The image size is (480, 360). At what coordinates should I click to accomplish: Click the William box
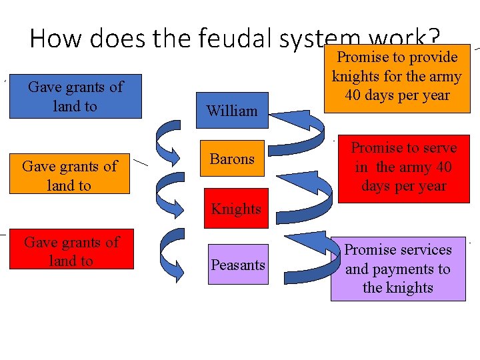[x=232, y=111]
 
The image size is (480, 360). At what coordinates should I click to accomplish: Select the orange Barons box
[x=232, y=159]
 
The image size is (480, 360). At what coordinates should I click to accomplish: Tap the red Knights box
[x=236, y=209]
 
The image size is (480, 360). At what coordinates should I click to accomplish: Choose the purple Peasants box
[x=238, y=265]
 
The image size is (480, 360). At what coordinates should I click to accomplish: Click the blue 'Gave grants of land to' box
[x=75, y=97]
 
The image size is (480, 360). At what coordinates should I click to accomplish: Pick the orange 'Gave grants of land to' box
[x=69, y=175]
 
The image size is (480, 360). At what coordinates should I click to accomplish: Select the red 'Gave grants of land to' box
[x=71, y=251]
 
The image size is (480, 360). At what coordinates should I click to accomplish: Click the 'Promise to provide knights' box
[x=397, y=76]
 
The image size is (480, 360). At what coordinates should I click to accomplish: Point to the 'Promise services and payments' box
[x=398, y=269]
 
